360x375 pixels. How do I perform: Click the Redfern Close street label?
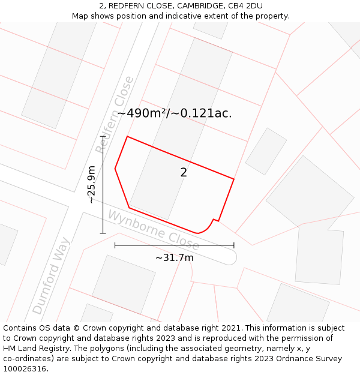pyautogui.click(x=115, y=115)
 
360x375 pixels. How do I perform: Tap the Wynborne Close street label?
pyautogui.click(x=154, y=230)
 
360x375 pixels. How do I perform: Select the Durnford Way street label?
pyautogui.click(x=52, y=276)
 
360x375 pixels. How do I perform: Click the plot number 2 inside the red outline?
pyautogui.click(x=184, y=173)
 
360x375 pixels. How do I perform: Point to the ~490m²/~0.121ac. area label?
pyautogui.click(x=175, y=113)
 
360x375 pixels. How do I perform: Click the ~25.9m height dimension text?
pyautogui.click(x=91, y=184)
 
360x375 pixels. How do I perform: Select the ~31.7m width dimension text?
pyautogui.click(x=175, y=258)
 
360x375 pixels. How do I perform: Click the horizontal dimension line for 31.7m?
pyautogui.click(x=174, y=245)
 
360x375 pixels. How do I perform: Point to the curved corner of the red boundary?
pyautogui.click(x=207, y=227)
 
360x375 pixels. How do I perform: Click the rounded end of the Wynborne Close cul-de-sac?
pyautogui.click(x=232, y=257)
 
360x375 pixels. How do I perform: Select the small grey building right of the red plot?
pyautogui.click(x=266, y=151)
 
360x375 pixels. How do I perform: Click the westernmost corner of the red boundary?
pyautogui.click(x=115, y=169)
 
